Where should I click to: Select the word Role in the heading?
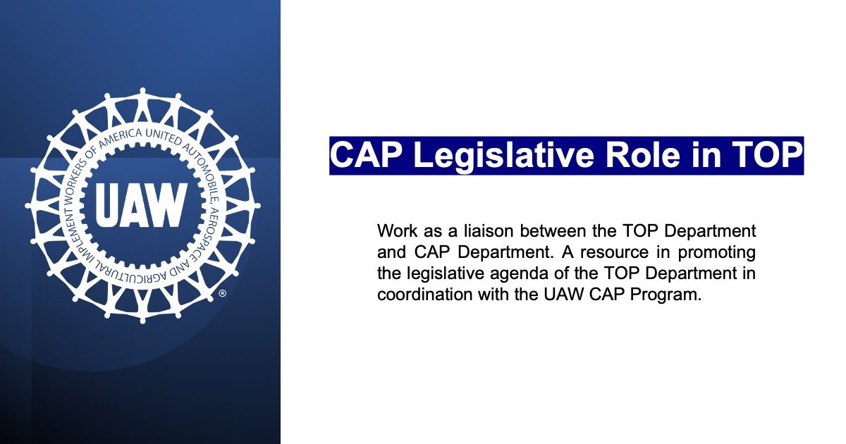(x=643, y=155)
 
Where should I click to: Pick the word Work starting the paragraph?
(x=396, y=230)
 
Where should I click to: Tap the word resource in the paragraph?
(x=615, y=252)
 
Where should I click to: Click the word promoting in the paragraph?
(x=717, y=252)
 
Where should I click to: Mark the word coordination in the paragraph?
(x=424, y=294)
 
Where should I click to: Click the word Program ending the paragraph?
(x=665, y=295)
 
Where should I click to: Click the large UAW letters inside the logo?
(x=141, y=205)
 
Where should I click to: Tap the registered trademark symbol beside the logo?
(x=223, y=293)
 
